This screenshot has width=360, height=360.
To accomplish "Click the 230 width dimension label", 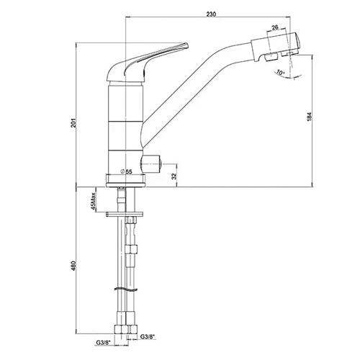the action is pos(211,14).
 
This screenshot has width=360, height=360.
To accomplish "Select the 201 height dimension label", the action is pos(74,123).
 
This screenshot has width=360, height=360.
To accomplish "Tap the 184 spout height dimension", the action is pos(310,117).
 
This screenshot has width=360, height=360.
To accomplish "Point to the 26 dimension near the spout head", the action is pos(275,27).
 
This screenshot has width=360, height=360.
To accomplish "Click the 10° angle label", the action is pos(280,72).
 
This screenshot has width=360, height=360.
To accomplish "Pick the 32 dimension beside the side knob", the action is pos(174,176).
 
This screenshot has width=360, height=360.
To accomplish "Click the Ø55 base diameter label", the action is pos(126,171).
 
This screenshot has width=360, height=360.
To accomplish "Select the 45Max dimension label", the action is pos(94,201).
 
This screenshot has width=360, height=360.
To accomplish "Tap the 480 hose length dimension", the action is pos(74,266).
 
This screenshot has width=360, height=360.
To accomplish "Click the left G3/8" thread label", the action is pos(103,343).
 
